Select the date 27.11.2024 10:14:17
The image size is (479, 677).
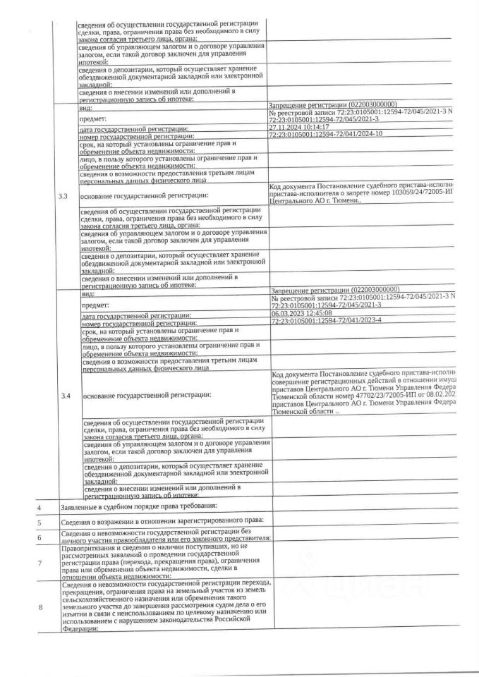[x=300, y=126]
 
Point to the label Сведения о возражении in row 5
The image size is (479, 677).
[x=106, y=522]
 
